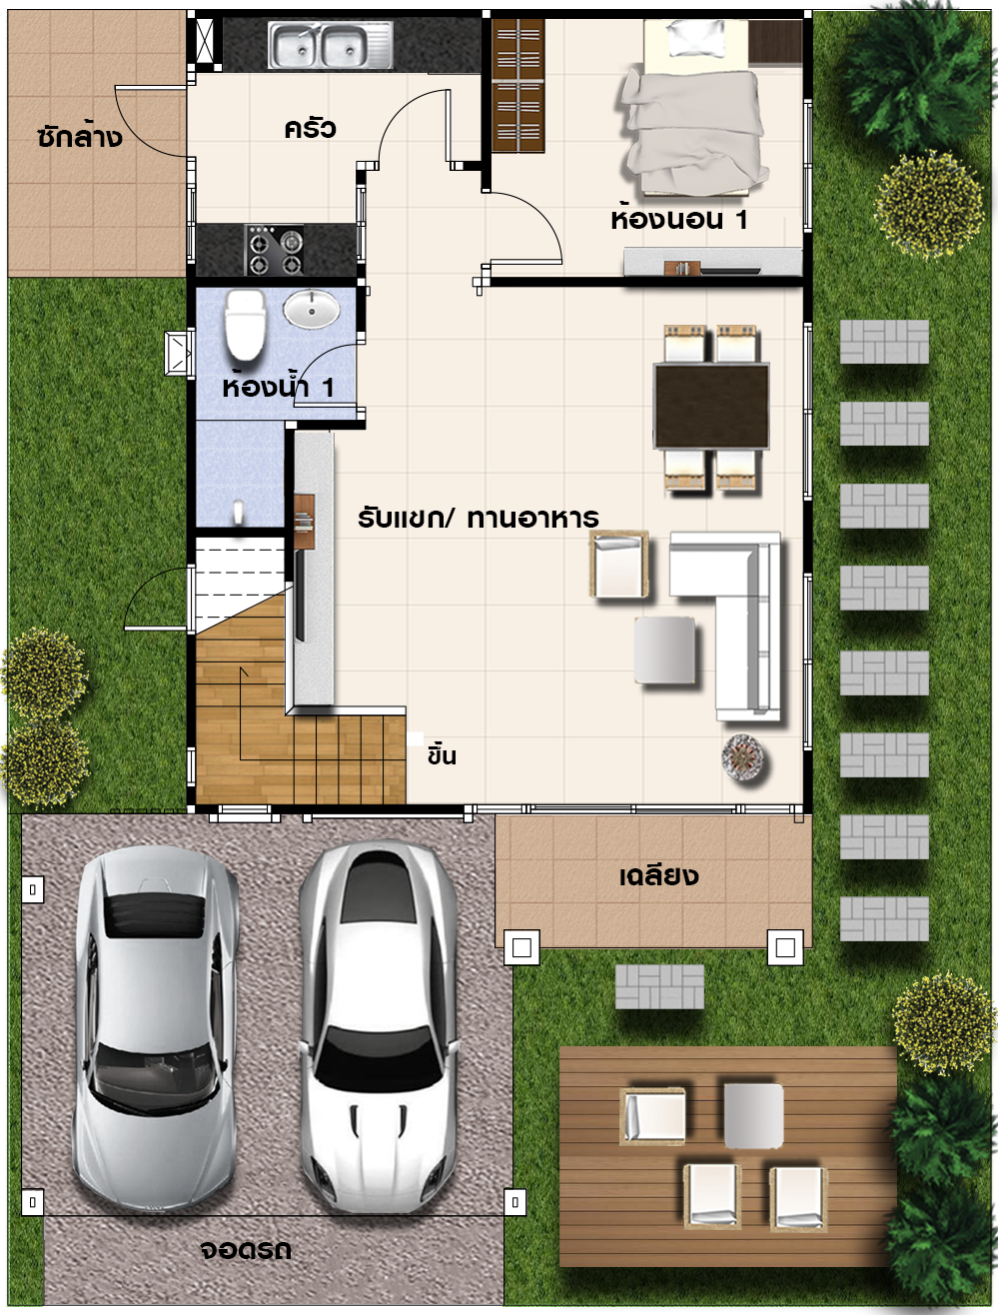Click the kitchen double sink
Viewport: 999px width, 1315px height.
330,45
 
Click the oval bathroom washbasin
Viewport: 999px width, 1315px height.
312,309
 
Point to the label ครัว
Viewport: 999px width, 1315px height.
311,128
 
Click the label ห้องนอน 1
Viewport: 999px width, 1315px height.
679,219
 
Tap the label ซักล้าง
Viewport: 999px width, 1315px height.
80,137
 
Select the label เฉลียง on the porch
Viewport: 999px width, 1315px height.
658,876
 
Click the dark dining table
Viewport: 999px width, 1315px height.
711,406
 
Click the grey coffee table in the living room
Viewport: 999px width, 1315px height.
664,650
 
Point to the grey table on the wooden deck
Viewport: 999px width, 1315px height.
753,1116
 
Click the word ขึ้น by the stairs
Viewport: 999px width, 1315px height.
442,755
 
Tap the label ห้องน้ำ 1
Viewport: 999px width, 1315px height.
278,387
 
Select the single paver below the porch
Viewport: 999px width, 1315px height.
659,986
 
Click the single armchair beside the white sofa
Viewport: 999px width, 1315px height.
619,565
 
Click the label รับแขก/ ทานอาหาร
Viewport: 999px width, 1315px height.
478,518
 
